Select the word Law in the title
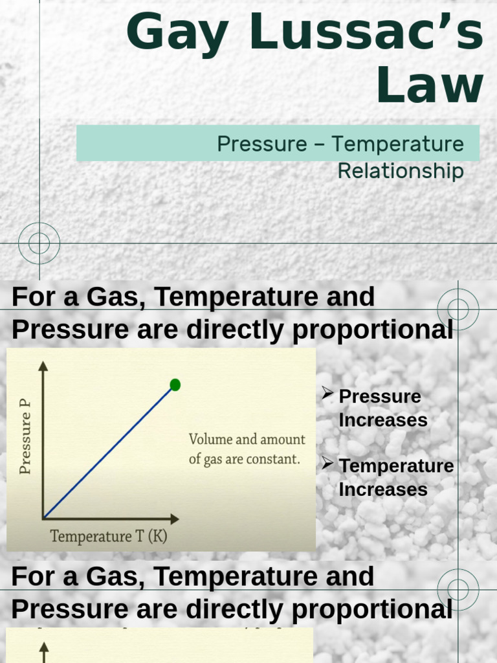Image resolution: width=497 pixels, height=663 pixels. [430, 85]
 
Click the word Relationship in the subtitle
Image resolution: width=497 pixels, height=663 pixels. [401, 171]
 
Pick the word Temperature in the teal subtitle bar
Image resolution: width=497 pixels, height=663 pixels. [398, 144]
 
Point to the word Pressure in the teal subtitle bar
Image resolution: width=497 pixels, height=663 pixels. [262, 144]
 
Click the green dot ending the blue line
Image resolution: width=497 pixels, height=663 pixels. [175, 385]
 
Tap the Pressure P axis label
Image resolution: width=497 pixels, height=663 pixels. [25, 437]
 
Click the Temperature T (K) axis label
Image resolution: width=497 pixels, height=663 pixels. [109, 536]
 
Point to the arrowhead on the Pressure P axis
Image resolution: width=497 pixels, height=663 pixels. [43, 366]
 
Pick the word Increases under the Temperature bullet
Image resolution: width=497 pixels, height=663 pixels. [383, 489]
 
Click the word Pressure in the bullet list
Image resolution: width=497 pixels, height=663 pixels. [380, 396]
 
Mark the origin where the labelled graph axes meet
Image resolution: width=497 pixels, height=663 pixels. [43, 519]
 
